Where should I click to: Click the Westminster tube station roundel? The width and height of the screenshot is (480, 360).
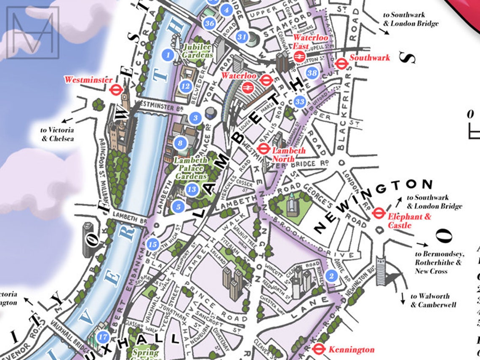pyautogui.click(x=115, y=90)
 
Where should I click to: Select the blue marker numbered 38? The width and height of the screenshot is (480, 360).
pyautogui.click(x=312, y=73)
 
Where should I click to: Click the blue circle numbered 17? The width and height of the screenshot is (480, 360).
pyautogui.click(x=103, y=337)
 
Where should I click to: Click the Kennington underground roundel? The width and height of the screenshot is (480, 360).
pyautogui.click(x=319, y=349)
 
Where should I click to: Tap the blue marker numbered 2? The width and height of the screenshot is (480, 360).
pyautogui.click(x=331, y=276)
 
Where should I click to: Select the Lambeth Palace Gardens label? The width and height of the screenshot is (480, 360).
pyautogui.click(x=191, y=168)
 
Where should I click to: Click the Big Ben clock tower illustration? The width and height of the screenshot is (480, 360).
pyautogui.click(x=125, y=99)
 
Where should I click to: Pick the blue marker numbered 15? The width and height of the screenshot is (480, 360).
pyautogui.click(x=153, y=244)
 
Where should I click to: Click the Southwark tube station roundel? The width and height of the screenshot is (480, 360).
pyautogui.click(x=341, y=64)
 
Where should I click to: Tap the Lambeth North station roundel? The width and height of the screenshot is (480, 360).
pyautogui.click(x=264, y=148)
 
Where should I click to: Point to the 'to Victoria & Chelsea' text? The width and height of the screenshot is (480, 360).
pyautogui.click(x=57, y=134)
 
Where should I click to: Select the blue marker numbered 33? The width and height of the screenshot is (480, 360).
pyautogui.click(x=299, y=101)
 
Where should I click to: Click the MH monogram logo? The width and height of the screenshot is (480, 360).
pyautogui.click(x=32, y=32)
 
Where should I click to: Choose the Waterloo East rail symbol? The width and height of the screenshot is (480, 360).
pyautogui.click(x=299, y=57)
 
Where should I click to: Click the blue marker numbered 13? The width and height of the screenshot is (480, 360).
pyautogui.click(x=192, y=189)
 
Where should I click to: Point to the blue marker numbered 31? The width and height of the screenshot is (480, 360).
pyautogui.click(x=241, y=37)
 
